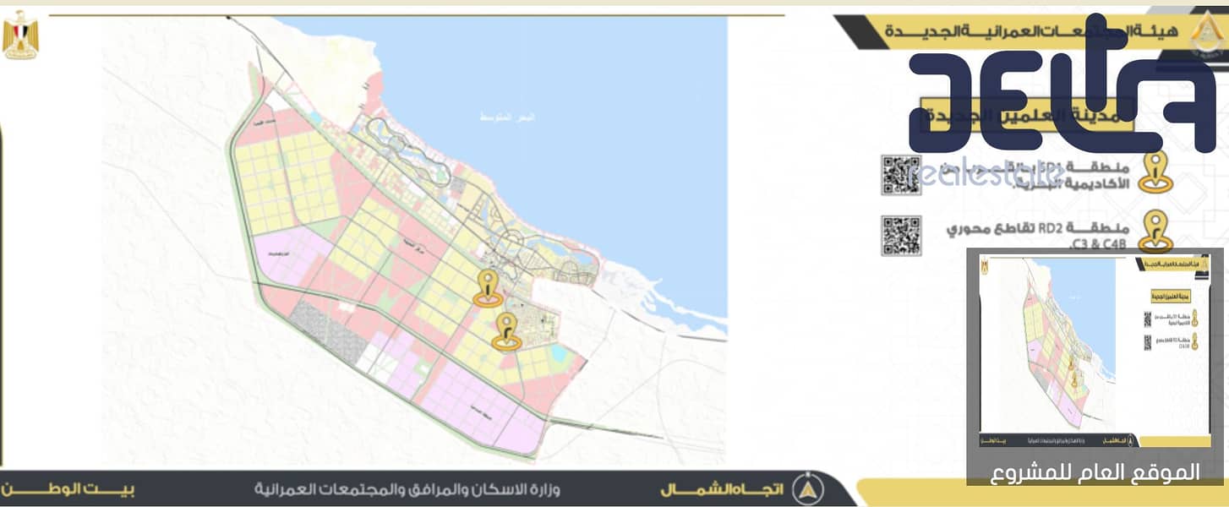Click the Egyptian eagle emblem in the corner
coord(20,35)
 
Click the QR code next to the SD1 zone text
coord(900,174)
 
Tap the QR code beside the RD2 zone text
coord(900,236)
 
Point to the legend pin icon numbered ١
coord(1155,172)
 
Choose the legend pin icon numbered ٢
coord(1155,231)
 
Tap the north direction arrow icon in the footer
coord(809,488)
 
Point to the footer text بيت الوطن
coord(68,489)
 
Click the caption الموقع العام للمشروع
coord(1097,472)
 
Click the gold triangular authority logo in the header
coord(1199,32)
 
